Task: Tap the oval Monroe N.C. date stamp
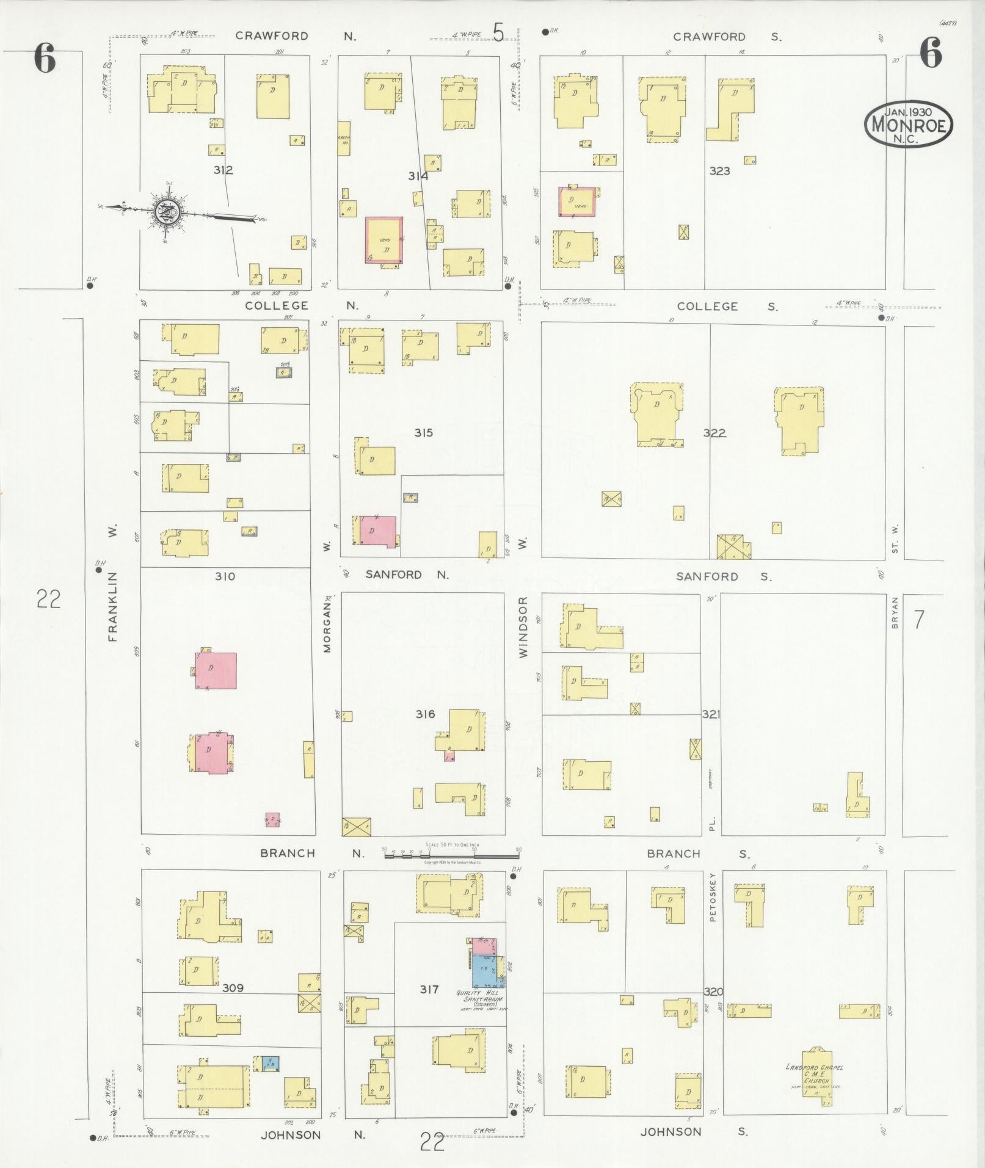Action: pos(909,124)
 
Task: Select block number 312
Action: pos(223,170)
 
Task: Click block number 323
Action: pos(719,171)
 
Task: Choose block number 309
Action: pos(233,988)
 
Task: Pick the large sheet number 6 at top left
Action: pos(45,59)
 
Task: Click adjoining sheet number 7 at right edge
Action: pos(918,620)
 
